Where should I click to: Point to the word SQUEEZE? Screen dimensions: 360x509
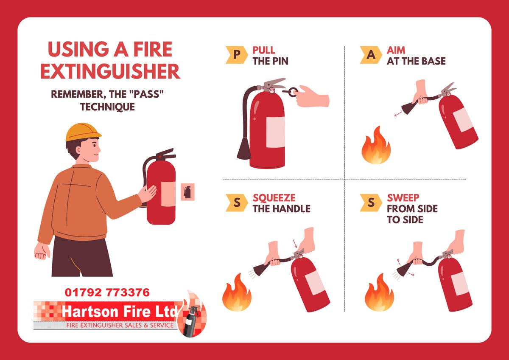tap(274, 198)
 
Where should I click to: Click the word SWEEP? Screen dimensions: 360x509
tap(403, 198)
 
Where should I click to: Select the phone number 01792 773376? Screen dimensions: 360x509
tap(107, 292)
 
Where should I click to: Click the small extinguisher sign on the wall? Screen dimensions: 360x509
tap(187, 192)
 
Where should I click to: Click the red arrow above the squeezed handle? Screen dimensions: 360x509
tap(295, 244)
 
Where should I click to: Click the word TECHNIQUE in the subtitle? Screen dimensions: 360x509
tap(107, 107)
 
